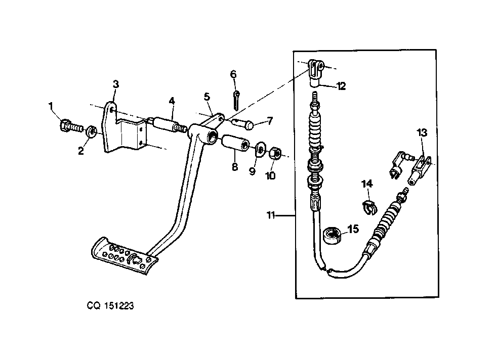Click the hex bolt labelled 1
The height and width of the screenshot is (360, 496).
pos(71,126)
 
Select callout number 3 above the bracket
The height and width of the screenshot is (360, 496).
pos(116,84)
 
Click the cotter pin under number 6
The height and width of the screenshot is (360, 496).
pos(236,99)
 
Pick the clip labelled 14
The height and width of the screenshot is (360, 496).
pos(369,207)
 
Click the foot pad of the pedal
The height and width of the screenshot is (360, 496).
pos(124,255)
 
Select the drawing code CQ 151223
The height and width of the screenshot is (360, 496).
pos(110,306)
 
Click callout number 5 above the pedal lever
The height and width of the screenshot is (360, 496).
pos(206,97)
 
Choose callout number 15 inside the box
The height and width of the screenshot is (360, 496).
pos(353,229)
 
